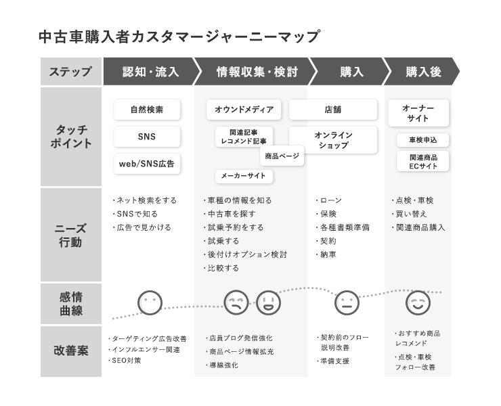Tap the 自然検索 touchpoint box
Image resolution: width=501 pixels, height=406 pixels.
pos(147,110)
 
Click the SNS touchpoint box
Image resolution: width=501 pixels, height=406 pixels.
pos(147,137)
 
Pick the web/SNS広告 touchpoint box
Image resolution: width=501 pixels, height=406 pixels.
pos(147,164)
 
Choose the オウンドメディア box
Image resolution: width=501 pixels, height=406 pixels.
pos(244,110)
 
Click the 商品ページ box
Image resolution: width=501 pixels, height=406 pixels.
pos(282,156)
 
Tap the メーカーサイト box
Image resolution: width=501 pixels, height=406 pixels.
pos(244,176)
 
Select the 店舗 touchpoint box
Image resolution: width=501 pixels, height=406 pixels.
pos(333,110)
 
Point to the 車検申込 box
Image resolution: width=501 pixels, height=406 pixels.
pos(422,140)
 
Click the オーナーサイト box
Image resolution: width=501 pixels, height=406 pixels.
pos(418,113)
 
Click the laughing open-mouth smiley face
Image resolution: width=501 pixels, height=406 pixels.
pos(268,303)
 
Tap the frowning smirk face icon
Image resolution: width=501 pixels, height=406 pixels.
pos(236,303)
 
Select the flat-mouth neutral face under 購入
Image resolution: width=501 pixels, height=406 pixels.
pos(347,303)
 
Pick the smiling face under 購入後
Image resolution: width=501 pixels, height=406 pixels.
pos(418,303)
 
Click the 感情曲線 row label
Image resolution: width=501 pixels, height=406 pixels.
pos(71,304)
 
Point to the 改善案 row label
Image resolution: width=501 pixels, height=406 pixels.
pos(71,351)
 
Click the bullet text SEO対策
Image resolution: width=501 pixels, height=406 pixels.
pos(125,361)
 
